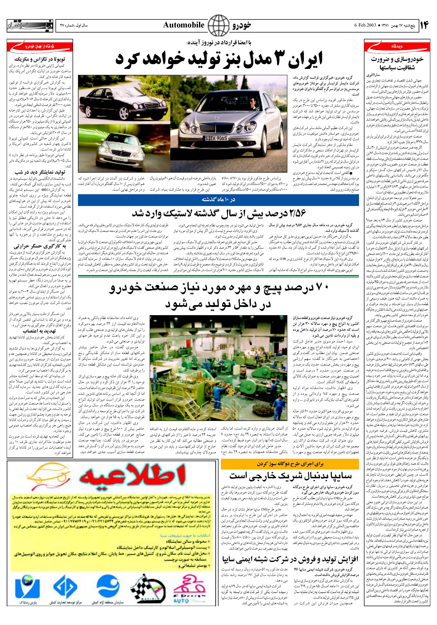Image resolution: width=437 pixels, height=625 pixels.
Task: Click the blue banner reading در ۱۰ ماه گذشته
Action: coord(218,199)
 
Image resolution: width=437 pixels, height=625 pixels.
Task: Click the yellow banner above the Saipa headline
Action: coord(290,464)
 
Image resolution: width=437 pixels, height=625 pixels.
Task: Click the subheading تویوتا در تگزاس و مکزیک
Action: coord(40,59)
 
